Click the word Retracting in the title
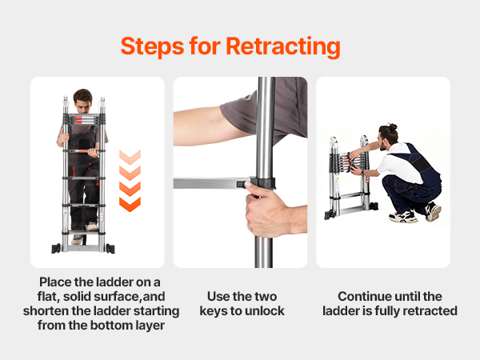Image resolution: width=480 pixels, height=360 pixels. click(x=283, y=47)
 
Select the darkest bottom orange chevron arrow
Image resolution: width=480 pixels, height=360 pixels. click(x=130, y=205)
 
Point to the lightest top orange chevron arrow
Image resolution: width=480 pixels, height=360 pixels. click(x=130, y=157)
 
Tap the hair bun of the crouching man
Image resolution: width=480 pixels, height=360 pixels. click(x=393, y=126)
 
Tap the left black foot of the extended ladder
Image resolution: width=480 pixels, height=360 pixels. click(x=56, y=249)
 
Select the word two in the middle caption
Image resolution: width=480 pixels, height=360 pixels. click(x=266, y=296)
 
